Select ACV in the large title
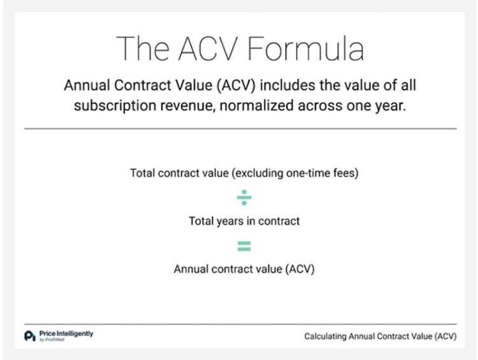[219, 48]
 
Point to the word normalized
[253, 106]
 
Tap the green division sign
[244, 198]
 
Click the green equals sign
[244, 245]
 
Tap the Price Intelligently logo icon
[29, 336]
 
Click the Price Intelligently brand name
[66, 333]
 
